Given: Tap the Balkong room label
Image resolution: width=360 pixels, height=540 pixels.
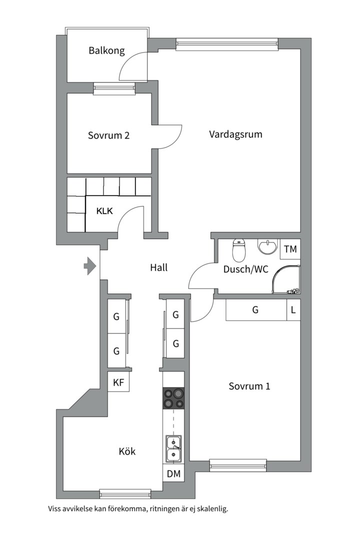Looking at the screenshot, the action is [106, 50].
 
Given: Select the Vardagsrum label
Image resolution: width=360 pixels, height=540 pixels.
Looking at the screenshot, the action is [235, 134].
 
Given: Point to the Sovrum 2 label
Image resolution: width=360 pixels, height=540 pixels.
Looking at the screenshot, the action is [108, 135].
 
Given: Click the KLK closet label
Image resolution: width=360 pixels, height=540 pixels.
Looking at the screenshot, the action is [104, 211].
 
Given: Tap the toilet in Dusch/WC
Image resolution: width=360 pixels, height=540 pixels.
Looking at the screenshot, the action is [239, 250].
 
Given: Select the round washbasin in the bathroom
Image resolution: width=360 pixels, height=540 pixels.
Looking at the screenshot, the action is [267, 246].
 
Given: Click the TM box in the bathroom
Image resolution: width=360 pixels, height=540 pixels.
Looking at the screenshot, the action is [290, 249].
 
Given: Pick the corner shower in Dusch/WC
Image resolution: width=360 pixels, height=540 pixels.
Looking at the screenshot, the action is [286, 279].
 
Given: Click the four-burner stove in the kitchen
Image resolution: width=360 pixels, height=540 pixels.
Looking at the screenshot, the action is [173, 398].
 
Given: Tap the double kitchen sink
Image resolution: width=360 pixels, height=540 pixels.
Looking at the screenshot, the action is [173, 448].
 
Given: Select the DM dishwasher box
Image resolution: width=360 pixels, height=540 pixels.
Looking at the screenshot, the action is [173, 473].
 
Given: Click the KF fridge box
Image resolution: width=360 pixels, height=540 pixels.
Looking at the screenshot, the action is [118, 382].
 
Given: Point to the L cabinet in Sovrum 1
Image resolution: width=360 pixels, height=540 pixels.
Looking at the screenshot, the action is [293, 310].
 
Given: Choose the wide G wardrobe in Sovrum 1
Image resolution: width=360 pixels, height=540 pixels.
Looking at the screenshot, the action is [256, 310].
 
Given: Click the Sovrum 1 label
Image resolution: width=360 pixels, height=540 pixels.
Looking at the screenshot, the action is [249, 386].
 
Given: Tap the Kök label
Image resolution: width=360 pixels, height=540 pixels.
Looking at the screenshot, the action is [127, 451].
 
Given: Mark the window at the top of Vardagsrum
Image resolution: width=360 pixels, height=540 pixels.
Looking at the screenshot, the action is [227, 43].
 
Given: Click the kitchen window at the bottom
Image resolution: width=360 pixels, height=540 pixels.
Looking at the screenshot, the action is [125, 494].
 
